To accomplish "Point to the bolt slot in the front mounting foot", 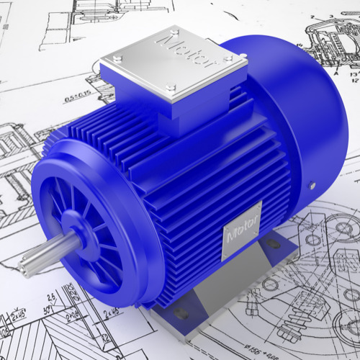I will click(180, 314).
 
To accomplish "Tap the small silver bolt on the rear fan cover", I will click(312, 185).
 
